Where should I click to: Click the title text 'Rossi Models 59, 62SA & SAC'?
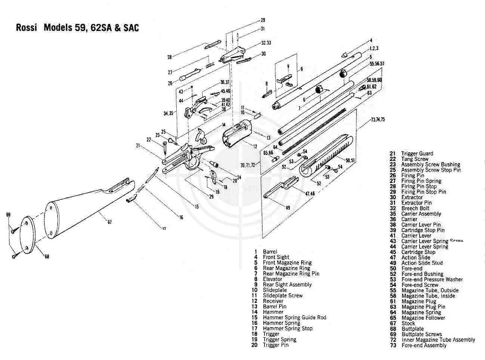pos(77,28)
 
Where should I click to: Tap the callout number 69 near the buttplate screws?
pos(8,215)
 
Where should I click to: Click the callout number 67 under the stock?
pos(109,223)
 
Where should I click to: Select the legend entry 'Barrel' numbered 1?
pos(270,252)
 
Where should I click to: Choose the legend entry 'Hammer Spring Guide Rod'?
pos(294,317)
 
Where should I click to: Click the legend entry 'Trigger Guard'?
pos(417,153)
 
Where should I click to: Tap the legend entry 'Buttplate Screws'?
pos(421,334)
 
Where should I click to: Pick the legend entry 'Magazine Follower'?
pos(423,318)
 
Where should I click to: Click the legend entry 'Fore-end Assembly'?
pos(424,345)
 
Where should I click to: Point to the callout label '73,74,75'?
pos(378,120)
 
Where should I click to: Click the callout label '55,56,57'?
pos(377,64)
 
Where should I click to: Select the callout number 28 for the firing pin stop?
pos(169,57)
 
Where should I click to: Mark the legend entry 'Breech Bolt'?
pos(415,208)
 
